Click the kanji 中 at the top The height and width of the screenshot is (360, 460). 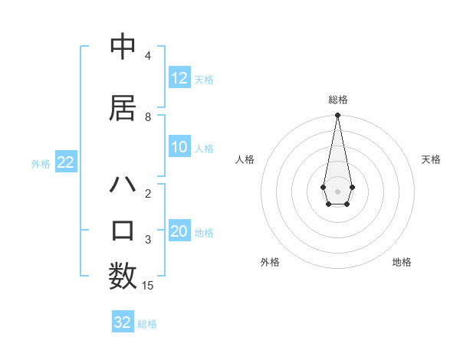(123, 46)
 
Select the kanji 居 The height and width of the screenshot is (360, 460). (123, 109)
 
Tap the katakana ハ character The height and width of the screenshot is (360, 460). (123, 185)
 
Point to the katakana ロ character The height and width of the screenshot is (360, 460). (123, 230)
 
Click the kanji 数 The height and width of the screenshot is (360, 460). (123, 276)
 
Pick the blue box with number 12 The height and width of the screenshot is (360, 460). (179, 78)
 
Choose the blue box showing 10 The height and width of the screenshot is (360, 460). (179, 148)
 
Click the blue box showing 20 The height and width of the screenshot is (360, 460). (179, 232)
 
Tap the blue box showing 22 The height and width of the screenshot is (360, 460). (65, 162)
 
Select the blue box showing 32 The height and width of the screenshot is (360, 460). (123, 322)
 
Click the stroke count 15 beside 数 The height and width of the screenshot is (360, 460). (148, 286)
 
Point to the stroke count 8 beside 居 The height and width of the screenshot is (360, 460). (148, 117)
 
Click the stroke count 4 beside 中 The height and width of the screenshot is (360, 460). (148, 56)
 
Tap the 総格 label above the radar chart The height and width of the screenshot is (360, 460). (337, 100)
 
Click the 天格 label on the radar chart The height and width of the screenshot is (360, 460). (431, 159)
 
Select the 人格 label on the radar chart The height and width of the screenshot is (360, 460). (245, 159)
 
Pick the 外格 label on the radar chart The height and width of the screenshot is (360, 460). (270, 262)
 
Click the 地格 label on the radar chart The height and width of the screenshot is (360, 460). (402, 262)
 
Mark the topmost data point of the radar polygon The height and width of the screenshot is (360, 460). (337, 116)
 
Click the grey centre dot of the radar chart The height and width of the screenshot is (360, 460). (337, 190)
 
